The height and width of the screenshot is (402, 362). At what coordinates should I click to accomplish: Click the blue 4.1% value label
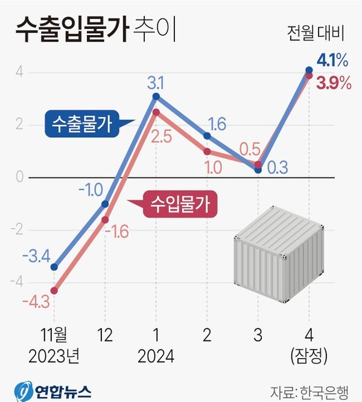332,60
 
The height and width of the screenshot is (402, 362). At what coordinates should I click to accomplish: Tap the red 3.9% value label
334,83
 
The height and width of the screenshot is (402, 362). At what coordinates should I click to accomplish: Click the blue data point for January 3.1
156,97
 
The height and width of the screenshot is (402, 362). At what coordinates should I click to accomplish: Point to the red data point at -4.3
54,290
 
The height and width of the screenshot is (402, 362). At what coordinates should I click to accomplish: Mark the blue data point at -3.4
54,267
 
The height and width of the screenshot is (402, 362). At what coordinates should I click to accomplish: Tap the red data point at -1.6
105,220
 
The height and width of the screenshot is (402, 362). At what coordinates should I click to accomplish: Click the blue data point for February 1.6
207,136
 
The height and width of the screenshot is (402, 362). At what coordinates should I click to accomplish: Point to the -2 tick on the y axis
19,230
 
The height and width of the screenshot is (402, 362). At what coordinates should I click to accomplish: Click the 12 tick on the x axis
105,336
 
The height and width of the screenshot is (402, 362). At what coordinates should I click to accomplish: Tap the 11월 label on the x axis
54,336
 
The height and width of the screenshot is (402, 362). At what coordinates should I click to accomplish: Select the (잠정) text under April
309,357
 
